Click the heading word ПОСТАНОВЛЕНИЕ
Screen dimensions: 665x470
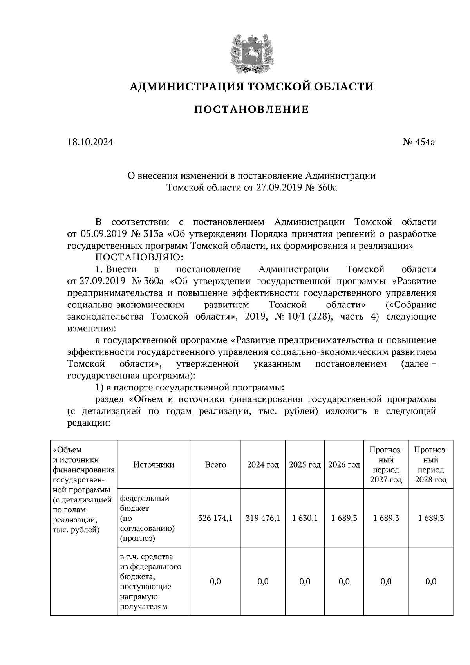(x=251, y=109)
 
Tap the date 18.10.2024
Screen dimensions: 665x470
(x=90, y=142)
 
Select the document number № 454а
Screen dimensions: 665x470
(x=419, y=142)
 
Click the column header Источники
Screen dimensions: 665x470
(x=154, y=464)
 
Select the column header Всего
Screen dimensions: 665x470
(x=215, y=464)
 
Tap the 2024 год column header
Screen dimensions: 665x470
(x=263, y=464)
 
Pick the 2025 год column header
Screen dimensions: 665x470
(x=305, y=464)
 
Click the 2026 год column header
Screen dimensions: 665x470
(x=344, y=464)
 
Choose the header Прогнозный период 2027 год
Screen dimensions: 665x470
(x=386, y=464)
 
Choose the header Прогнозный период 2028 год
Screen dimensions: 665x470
(x=431, y=464)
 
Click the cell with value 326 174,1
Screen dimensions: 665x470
(x=215, y=518)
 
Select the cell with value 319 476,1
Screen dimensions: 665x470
(x=263, y=518)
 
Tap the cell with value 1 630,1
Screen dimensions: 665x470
(x=305, y=518)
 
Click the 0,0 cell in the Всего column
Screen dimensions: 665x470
(x=215, y=582)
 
